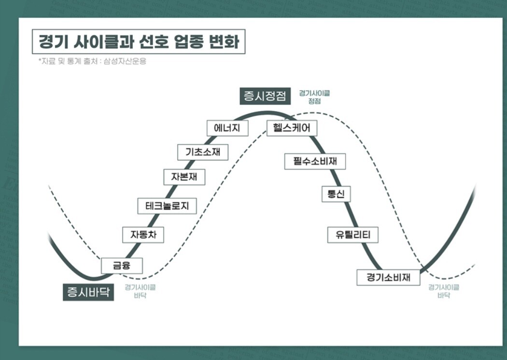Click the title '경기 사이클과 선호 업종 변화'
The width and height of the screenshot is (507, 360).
[139, 42]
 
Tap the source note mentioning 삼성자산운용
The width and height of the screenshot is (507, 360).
[93, 61]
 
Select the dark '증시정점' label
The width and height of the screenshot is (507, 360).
[265, 96]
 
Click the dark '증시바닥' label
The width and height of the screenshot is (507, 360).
[88, 292]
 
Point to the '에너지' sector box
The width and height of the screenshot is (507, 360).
[227, 128]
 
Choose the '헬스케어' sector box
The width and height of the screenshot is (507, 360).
[292, 128]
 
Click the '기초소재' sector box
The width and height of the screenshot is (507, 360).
[203, 152]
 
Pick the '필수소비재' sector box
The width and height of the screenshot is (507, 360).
[315, 161]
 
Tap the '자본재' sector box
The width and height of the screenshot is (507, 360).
[184, 177]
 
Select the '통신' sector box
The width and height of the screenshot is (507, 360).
[336, 194]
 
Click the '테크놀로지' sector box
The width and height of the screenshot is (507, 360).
[167, 206]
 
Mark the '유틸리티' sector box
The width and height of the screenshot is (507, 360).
[353, 235]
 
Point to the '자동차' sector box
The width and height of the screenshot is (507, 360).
[143, 235]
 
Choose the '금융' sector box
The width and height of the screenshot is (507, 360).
[122, 266]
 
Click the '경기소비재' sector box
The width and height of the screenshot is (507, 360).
[388, 277]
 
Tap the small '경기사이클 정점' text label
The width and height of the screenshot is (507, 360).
[314, 97]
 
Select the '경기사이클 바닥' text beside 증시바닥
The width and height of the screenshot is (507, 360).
[140, 291]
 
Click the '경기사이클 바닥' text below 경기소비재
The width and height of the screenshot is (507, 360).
[444, 291]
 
